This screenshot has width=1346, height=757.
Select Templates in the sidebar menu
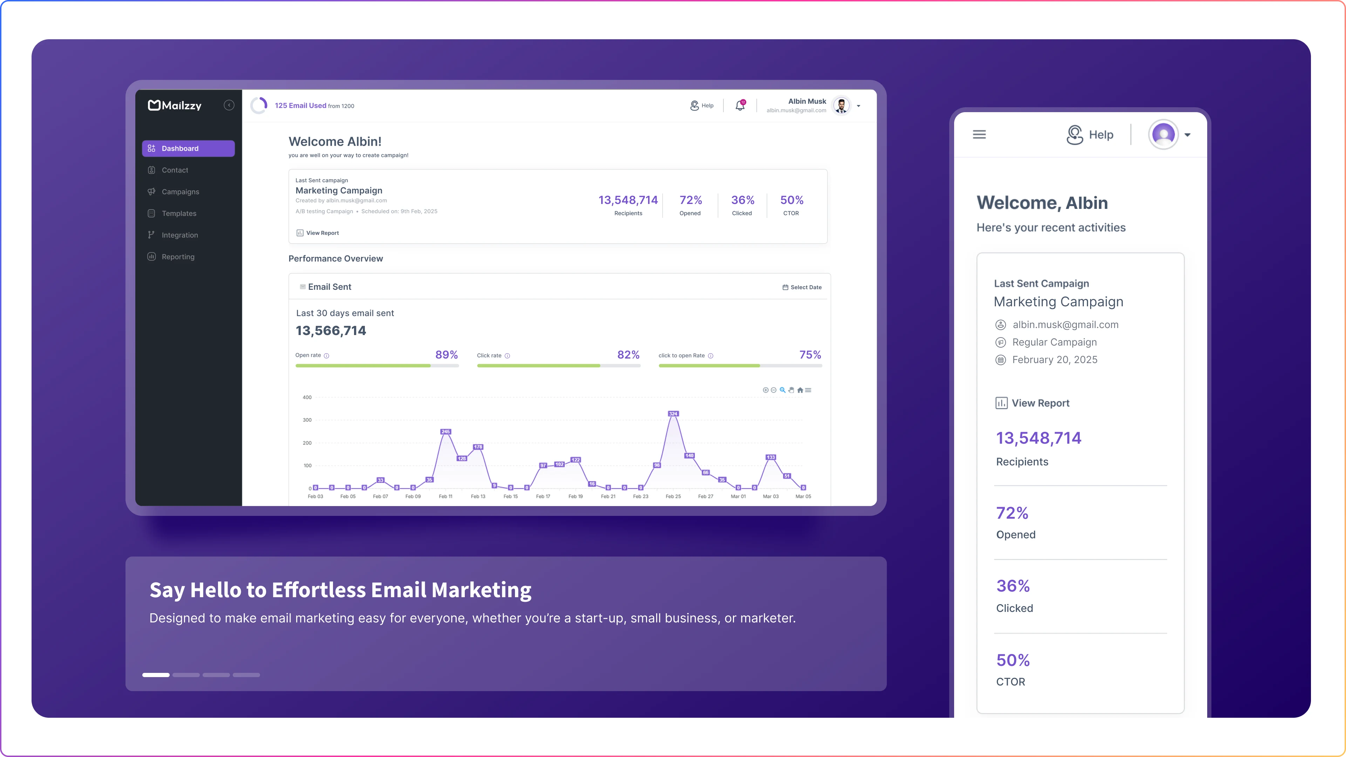click(x=179, y=213)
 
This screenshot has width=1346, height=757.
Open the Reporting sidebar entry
click(x=178, y=257)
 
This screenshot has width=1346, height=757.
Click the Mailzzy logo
click(x=175, y=105)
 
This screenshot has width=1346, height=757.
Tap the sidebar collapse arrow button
click(x=229, y=105)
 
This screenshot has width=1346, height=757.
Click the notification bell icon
click(x=740, y=105)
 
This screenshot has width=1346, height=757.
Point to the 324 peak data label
click(x=673, y=414)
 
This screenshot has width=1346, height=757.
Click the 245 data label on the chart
click(x=445, y=431)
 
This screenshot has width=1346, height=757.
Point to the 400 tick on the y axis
click(x=307, y=397)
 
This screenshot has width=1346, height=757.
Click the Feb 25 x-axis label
click(x=673, y=496)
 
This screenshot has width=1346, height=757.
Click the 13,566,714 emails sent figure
click(x=331, y=331)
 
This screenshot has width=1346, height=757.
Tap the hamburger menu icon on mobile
click(x=979, y=135)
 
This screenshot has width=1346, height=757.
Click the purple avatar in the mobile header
click(x=1163, y=135)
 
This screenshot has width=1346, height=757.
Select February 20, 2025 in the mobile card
click(x=1054, y=360)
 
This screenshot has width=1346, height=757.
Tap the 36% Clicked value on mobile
click(x=1013, y=586)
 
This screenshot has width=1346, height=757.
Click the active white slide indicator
click(x=156, y=675)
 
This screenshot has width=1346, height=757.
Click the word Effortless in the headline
click(x=319, y=590)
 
